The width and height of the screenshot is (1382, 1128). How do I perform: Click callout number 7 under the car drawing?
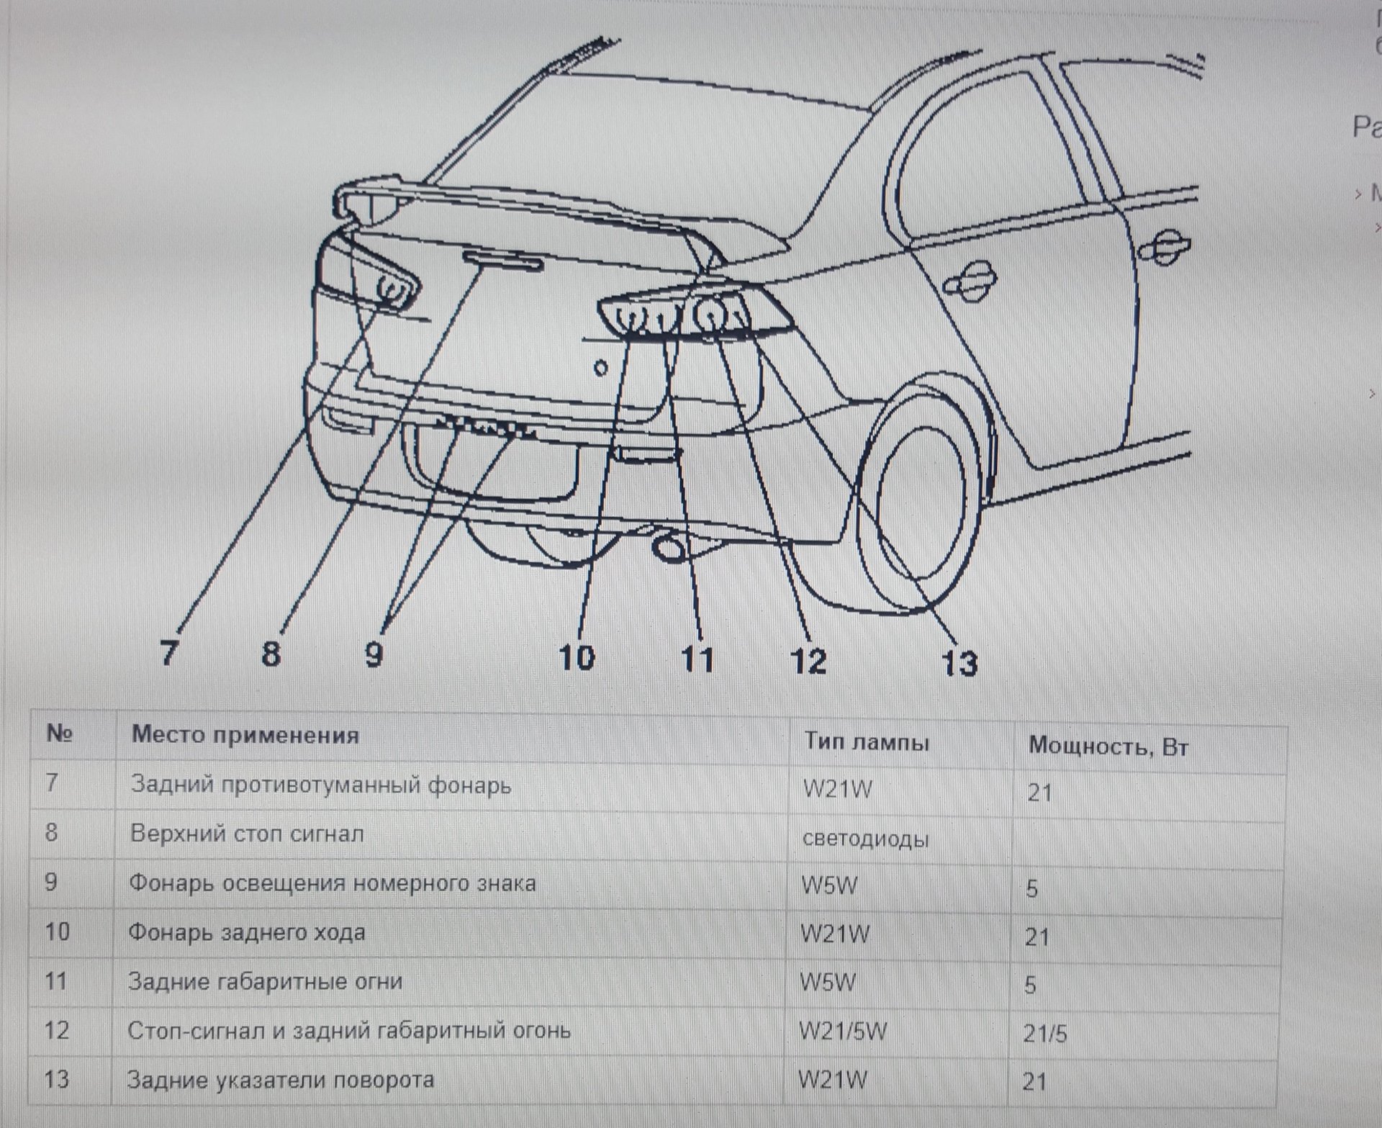click(x=168, y=652)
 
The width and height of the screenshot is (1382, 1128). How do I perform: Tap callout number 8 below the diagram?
click(x=271, y=653)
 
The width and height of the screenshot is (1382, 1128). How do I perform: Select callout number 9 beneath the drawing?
click(x=374, y=654)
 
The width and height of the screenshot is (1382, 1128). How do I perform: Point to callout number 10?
click(x=577, y=657)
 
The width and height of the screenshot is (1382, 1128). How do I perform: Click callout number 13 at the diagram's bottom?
click(x=959, y=663)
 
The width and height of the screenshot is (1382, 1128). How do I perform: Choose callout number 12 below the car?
click(x=808, y=661)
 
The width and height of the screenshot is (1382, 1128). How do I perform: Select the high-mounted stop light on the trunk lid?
click(x=502, y=261)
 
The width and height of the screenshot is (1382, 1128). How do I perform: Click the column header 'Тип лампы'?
click(x=867, y=741)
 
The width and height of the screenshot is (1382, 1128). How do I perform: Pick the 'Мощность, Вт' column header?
click(x=1108, y=746)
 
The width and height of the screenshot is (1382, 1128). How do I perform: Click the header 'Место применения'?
click(x=245, y=735)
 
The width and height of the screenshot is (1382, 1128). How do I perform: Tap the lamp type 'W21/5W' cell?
click(x=843, y=1031)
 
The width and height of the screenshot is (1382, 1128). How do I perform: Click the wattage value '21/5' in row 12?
click(x=1045, y=1034)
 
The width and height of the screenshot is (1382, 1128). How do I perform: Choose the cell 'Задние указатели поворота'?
click(x=281, y=1080)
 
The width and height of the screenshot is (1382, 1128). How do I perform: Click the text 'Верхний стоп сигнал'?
click(x=247, y=834)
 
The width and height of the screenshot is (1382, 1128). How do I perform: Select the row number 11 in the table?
click(x=55, y=980)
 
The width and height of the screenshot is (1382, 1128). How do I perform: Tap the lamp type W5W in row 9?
click(x=830, y=885)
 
